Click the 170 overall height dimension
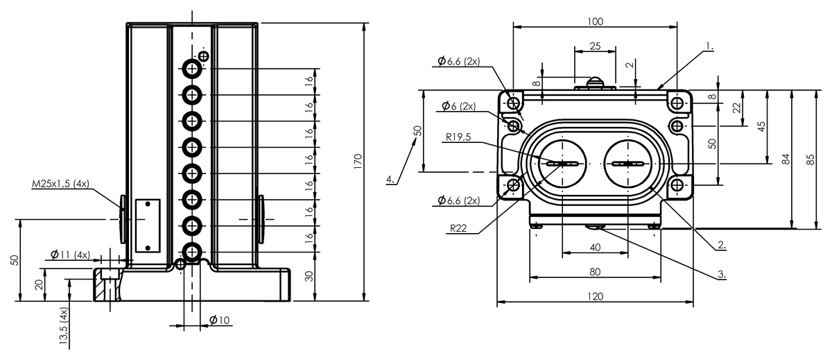358,162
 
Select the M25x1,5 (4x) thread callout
60,184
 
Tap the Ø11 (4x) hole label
70,255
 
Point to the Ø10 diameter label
220,320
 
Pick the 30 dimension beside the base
309,276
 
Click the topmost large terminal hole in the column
192,69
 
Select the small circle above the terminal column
204,56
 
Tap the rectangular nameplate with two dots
148,225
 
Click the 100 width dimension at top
595,22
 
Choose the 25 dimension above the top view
595,46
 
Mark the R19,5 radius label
458,137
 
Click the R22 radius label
458,228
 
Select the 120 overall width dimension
595,296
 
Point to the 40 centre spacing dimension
595,248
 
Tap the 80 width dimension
595,272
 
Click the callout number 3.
721,274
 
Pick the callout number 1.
709,46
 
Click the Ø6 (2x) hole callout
459,106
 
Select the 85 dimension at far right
811,160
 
